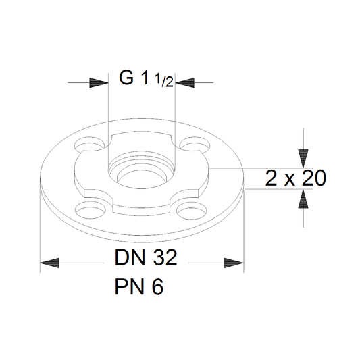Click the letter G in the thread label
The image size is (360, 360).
(x=126, y=78)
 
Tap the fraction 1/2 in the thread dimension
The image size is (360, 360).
(x=164, y=80)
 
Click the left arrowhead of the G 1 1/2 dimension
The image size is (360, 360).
(x=99, y=82)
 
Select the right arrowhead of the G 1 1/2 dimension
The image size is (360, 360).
(x=184, y=82)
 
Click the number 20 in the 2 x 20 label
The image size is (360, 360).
(x=314, y=178)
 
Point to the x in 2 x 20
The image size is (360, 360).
(x=290, y=180)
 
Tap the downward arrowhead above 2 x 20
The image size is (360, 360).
(x=303, y=159)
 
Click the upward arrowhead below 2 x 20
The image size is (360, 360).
(x=303, y=199)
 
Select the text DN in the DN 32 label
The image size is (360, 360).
(x=130, y=257)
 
